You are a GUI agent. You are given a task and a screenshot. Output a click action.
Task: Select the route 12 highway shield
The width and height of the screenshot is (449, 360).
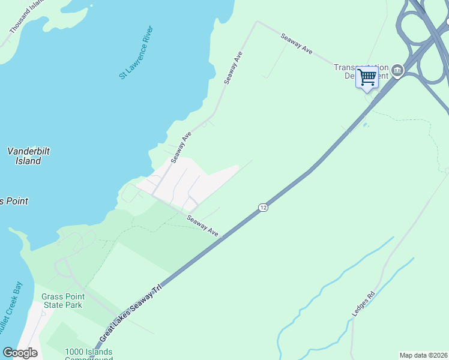pyautogui.click(x=263, y=207)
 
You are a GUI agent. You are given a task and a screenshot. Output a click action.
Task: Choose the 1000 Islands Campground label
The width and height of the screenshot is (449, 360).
pyautogui.click(x=89, y=353)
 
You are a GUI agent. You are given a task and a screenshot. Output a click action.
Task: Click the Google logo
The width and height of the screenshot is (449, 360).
pyautogui.click(x=20, y=353)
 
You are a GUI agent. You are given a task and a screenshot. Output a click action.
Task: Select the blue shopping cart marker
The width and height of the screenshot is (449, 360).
pyautogui.click(x=367, y=77)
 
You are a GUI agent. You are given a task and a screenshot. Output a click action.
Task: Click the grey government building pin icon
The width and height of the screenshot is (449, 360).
pyautogui.click(x=397, y=71)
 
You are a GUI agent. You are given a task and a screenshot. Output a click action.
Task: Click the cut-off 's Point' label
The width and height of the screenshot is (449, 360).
pyautogui.click(x=13, y=201)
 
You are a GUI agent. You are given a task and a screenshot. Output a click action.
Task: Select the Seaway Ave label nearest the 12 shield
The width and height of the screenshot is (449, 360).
pyautogui.click(x=202, y=226)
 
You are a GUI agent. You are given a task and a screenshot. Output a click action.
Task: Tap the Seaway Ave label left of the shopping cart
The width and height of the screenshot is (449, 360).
pyautogui.click(x=297, y=44)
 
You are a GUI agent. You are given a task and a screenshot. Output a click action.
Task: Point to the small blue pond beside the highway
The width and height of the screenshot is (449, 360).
pyautogui.click(x=366, y=125)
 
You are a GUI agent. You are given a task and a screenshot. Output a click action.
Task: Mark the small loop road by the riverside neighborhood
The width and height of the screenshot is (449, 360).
pyautogui.click(x=129, y=193)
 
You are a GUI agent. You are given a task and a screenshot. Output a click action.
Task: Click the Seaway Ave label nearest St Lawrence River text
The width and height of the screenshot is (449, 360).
pyautogui.click(x=234, y=67)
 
